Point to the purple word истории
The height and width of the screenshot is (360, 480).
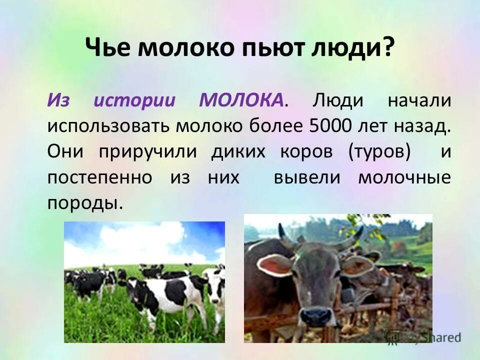click(134, 100)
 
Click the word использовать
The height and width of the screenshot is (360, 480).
click(108, 126)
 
